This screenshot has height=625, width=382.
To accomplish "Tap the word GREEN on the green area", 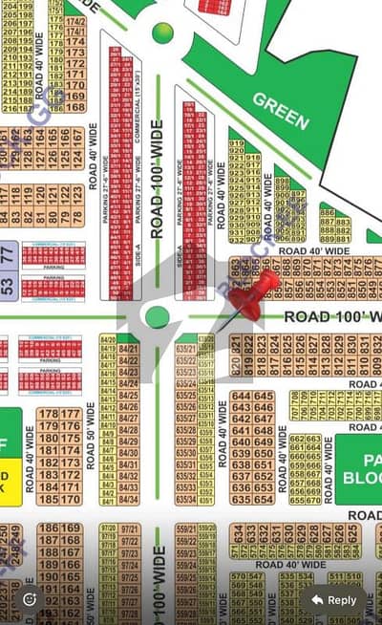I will point(281,111).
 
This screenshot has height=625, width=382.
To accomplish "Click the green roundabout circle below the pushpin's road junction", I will point(158,316).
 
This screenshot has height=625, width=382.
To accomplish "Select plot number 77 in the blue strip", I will point(8,253).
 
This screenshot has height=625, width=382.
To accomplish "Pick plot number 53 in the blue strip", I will point(8,284).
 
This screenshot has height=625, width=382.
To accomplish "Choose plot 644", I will point(242,396).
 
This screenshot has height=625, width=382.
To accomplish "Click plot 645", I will point(264,396).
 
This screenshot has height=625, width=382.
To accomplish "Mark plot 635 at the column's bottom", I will point(242,498).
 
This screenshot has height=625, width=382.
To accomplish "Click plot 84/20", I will point(108,340).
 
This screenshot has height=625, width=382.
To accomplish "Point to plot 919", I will point(236,144).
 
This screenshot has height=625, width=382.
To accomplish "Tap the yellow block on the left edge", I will point(9,479).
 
